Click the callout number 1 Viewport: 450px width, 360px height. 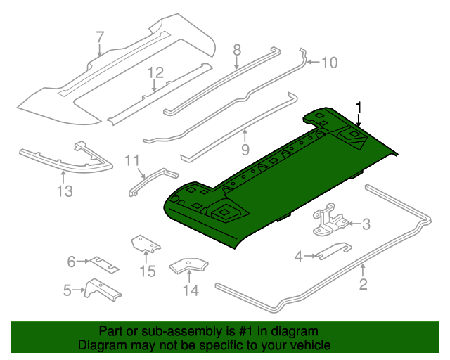(359, 108)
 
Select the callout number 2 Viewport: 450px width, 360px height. (363, 284)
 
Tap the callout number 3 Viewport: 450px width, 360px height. (366, 224)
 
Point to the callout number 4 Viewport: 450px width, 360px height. (298, 257)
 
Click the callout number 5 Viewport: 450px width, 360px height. (67, 289)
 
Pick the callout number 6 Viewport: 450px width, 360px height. (71, 262)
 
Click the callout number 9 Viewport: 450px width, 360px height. (245, 149)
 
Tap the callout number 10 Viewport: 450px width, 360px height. (329, 63)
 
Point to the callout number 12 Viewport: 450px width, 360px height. (155, 72)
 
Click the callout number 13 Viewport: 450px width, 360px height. (65, 191)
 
